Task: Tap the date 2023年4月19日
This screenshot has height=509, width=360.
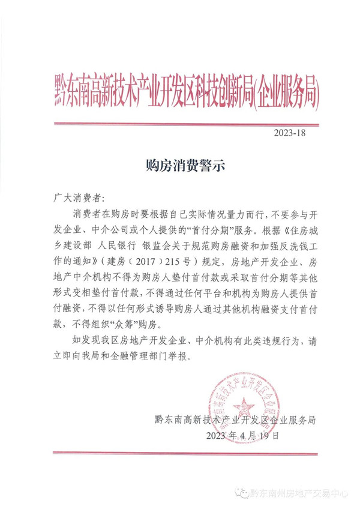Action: coord(242,435)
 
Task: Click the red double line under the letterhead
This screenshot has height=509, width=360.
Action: coord(185,124)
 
